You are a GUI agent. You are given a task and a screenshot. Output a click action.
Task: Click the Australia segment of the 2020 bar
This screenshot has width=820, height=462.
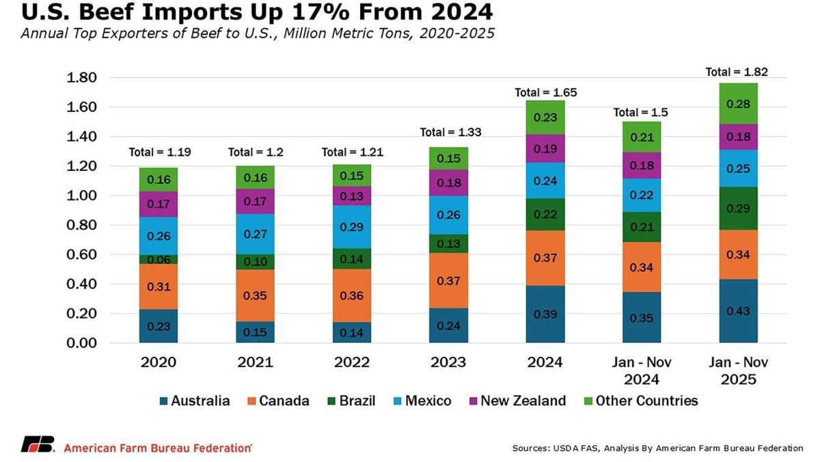click(x=158, y=327)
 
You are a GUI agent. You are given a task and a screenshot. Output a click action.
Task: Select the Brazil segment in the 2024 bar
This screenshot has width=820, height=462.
click(x=545, y=215)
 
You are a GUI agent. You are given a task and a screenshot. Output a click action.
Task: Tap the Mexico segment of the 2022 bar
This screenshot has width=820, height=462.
click(x=352, y=227)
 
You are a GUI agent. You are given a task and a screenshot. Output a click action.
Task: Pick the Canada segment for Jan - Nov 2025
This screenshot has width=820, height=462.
click(x=739, y=254)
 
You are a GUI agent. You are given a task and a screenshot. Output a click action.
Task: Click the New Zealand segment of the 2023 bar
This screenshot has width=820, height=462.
click(x=449, y=182)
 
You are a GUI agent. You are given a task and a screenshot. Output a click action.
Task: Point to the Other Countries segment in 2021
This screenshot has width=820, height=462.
click(x=255, y=178)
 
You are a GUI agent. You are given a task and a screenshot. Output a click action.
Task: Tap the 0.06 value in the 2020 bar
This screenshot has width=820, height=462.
click(x=158, y=260)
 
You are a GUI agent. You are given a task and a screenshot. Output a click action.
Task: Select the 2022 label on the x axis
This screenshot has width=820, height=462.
click(x=352, y=362)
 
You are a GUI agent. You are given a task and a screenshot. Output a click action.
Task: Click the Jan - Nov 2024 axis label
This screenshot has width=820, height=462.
click(x=642, y=370)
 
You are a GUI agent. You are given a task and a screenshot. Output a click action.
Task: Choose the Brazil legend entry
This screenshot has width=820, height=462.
click(x=352, y=400)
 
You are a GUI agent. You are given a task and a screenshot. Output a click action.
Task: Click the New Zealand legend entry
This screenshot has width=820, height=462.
click(x=516, y=400)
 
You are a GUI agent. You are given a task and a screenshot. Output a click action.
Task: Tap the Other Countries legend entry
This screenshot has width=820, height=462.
click(x=639, y=400)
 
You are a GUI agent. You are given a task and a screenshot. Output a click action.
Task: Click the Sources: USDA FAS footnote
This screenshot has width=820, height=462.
click(x=657, y=448)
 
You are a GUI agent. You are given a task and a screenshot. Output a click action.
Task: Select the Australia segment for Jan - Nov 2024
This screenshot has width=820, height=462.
click(x=642, y=318)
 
